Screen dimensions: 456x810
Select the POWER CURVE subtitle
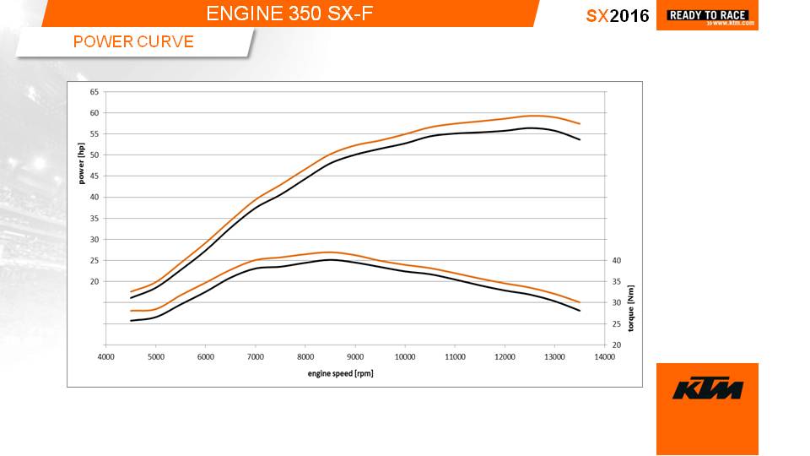coord(133,41)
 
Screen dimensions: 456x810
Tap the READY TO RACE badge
coord(707,15)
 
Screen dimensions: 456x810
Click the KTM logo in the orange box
coord(707,389)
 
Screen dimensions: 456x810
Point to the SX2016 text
coord(618,16)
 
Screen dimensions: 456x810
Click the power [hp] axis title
coord(82,163)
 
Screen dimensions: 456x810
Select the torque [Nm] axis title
coord(630,307)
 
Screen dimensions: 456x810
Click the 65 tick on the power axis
coord(94,91)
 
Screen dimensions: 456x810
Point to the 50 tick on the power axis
coord(94,155)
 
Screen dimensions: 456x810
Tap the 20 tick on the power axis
coord(94,281)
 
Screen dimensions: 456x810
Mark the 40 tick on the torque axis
coord(617,260)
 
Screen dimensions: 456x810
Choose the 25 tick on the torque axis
coord(617,323)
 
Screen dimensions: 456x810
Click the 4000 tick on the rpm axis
coord(106,357)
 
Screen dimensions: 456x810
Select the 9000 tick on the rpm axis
coord(355,357)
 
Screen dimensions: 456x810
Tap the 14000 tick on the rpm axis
coord(604,357)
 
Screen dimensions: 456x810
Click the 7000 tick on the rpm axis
coord(256,357)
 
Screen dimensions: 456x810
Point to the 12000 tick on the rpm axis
coord(505,357)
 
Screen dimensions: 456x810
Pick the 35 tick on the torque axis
coord(617,281)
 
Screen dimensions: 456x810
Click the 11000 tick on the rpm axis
coord(455,357)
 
